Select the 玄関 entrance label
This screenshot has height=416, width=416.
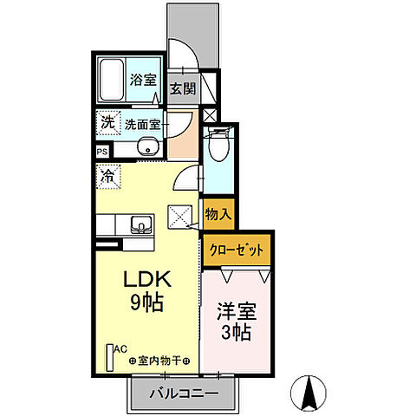pyautogui.click(x=181, y=88)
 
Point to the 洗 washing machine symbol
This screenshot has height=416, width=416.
pyautogui.click(x=107, y=123)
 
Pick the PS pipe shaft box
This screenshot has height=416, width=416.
pyautogui.click(x=102, y=152)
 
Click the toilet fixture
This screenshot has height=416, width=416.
pyautogui.click(x=217, y=152)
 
